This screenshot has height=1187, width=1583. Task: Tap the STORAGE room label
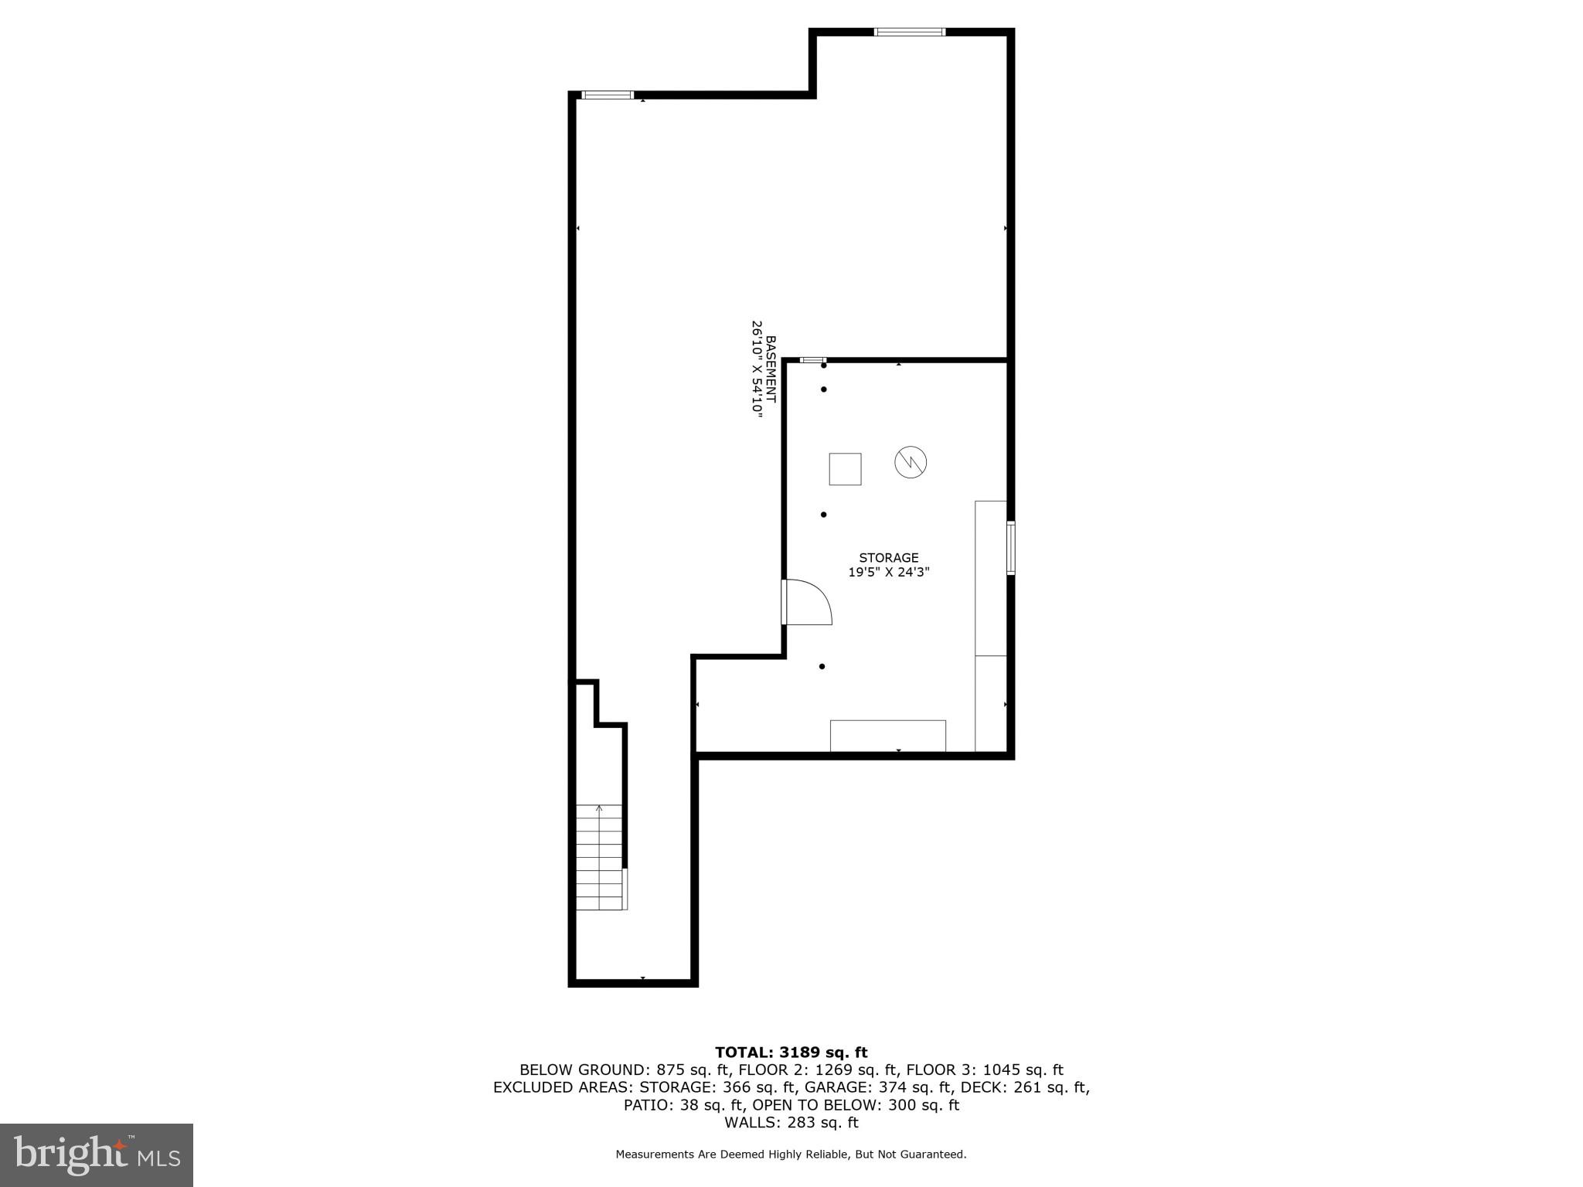(x=889, y=558)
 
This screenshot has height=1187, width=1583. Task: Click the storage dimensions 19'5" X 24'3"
(x=889, y=573)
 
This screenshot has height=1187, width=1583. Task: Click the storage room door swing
(x=809, y=602)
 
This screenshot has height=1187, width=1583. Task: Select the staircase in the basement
(x=600, y=857)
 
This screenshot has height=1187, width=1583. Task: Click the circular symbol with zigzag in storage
(x=911, y=462)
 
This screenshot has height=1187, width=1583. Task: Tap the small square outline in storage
(x=845, y=469)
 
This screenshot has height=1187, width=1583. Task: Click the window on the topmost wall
(x=909, y=32)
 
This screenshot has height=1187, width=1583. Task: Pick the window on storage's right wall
(x=1010, y=548)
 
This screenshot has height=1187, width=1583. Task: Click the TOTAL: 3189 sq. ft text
(x=791, y=1053)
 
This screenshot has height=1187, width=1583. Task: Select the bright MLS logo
(x=97, y=1155)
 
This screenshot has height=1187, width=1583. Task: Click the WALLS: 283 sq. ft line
(x=791, y=1122)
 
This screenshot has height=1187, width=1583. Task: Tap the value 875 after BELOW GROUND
(x=671, y=1070)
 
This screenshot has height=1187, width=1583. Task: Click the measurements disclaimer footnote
(x=791, y=1155)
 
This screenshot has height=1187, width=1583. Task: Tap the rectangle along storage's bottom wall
(x=887, y=736)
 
